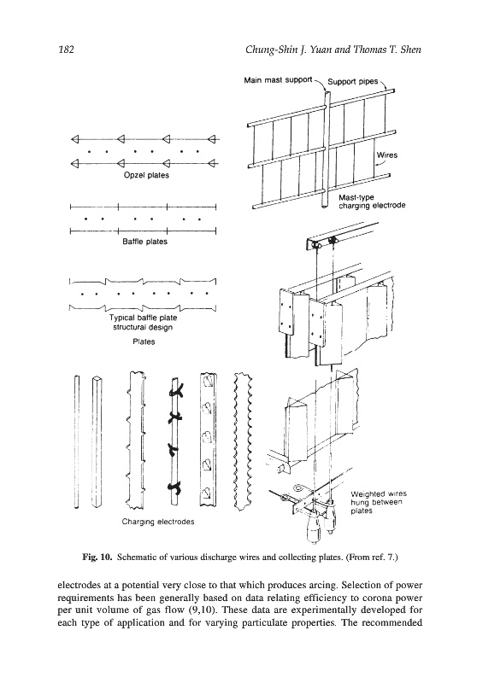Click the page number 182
(66, 50)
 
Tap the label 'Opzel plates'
(146, 176)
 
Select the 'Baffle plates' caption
(144, 242)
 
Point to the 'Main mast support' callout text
(278, 80)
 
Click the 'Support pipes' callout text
(353, 81)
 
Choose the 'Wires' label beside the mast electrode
(386, 155)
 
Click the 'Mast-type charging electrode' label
(372, 201)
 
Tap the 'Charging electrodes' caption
(158, 522)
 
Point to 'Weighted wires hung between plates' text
(379, 502)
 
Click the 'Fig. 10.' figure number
(98, 557)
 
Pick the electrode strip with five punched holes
(209, 439)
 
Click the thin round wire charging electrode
(77, 442)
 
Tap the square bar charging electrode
(97, 442)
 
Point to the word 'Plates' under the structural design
(144, 342)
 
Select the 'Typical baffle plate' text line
(144, 318)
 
